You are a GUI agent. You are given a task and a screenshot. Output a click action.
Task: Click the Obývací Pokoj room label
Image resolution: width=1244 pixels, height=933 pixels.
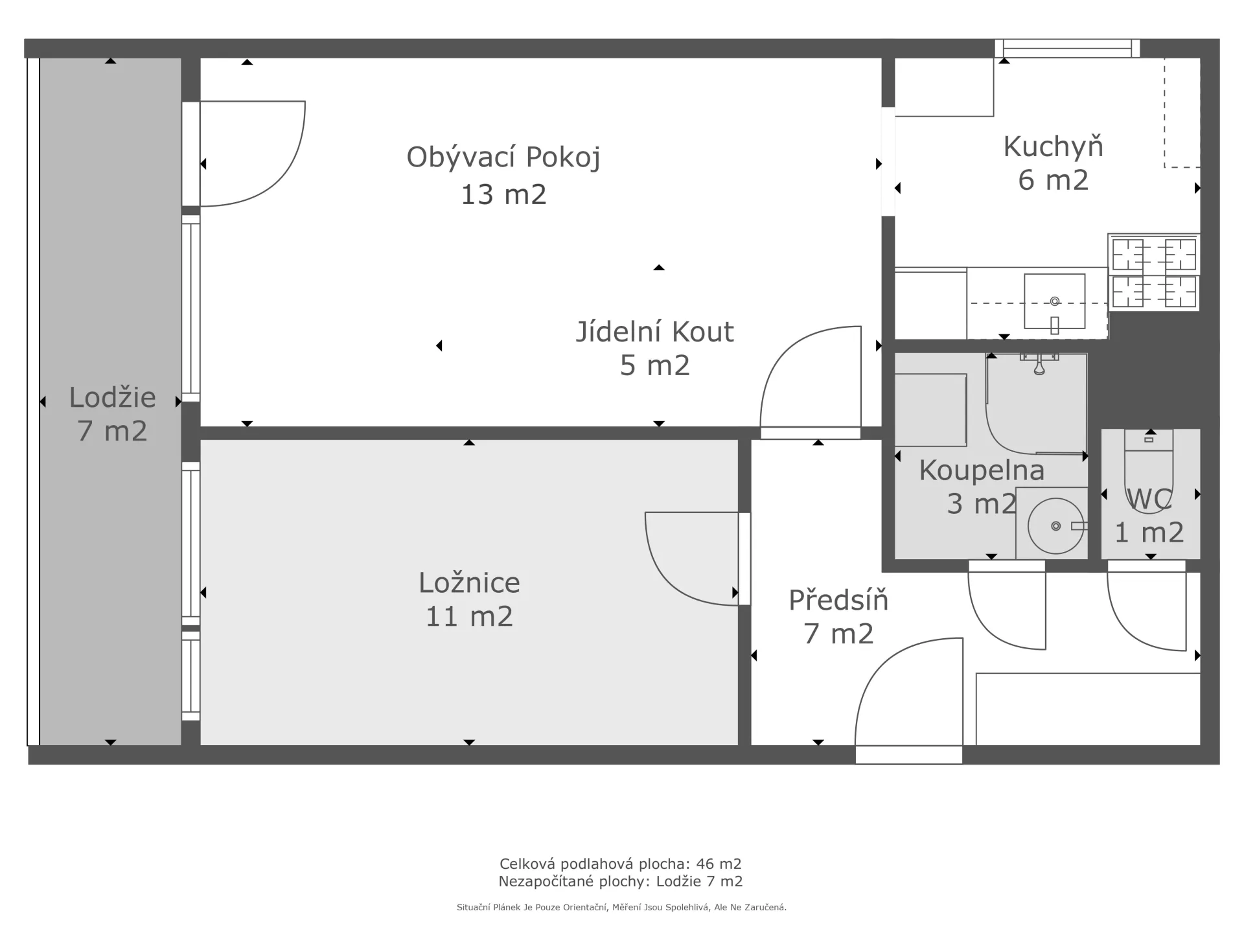[x=503, y=157]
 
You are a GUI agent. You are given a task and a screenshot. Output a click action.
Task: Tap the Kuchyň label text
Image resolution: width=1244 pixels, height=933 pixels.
[x=1053, y=147]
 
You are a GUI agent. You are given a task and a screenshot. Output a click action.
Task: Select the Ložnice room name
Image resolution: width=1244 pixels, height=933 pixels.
[x=469, y=583]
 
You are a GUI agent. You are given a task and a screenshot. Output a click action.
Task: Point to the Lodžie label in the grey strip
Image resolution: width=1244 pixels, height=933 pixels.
[x=112, y=398]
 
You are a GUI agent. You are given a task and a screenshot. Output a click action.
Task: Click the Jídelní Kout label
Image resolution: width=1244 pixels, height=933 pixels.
[x=654, y=332]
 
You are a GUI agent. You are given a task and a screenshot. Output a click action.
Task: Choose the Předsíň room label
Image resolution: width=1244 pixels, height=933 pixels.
[x=838, y=600]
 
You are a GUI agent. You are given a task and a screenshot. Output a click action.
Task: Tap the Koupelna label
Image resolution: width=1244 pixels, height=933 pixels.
[x=982, y=471]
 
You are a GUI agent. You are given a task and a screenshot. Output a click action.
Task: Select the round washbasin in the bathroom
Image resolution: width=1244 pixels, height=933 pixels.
[x=1055, y=525]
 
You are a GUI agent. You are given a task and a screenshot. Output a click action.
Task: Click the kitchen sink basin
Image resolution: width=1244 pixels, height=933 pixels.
[x=1054, y=301]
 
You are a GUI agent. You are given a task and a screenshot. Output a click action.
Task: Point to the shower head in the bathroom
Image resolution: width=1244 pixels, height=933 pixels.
[x=1039, y=365]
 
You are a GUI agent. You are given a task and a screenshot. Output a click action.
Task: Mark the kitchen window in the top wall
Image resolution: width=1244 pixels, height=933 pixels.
[x=1067, y=48]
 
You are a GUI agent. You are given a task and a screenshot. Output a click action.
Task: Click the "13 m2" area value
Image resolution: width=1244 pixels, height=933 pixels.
[x=503, y=194]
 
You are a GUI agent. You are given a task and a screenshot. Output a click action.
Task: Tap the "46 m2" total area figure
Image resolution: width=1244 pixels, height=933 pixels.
[x=719, y=864]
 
